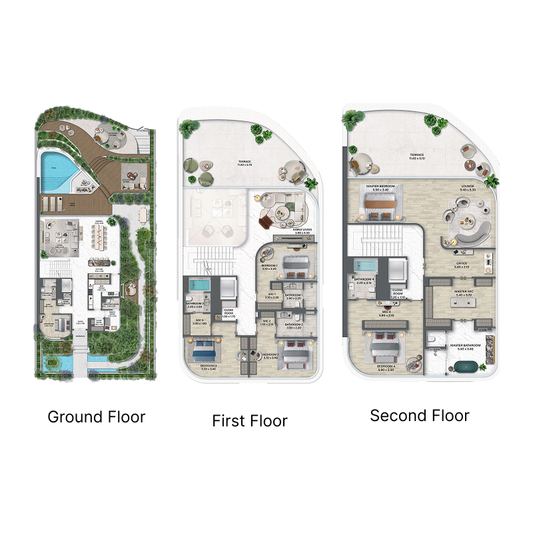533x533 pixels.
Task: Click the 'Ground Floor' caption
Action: [96, 418]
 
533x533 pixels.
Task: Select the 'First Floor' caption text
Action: [250, 421]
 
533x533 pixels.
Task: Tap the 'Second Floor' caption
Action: [420, 416]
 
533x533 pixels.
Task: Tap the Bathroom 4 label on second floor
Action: [364, 279]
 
